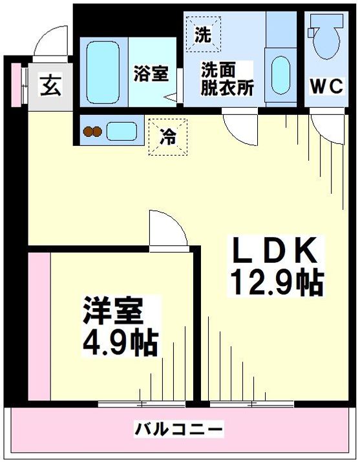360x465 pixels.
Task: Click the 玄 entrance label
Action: pyautogui.click(x=51, y=85)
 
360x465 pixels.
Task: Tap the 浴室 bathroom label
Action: pyautogui.click(x=151, y=74)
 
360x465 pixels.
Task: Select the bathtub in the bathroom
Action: pyautogui.click(x=103, y=72)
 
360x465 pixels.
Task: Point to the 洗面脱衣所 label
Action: pyautogui.click(x=227, y=79)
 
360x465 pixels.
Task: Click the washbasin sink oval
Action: pyautogui.click(x=281, y=76)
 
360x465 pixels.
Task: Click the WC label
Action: pyautogui.click(x=326, y=87)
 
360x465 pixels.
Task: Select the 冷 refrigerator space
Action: pyautogui.click(x=168, y=137)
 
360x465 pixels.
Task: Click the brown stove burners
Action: pyautogui.click(x=92, y=131)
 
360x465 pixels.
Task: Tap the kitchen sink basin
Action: pyautogui.click(x=122, y=131)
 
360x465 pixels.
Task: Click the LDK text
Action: pyautogui.click(x=275, y=250)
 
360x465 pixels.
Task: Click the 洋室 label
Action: pyautogui.click(x=113, y=311)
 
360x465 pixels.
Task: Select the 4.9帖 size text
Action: pyautogui.click(x=120, y=343)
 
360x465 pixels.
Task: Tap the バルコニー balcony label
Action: pyautogui.click(x=179, y=429)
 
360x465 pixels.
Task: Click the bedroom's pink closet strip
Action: pyautogui.click(x=39, y=326)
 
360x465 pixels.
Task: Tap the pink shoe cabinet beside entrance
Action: pyautogui.click(x=17, y=85)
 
